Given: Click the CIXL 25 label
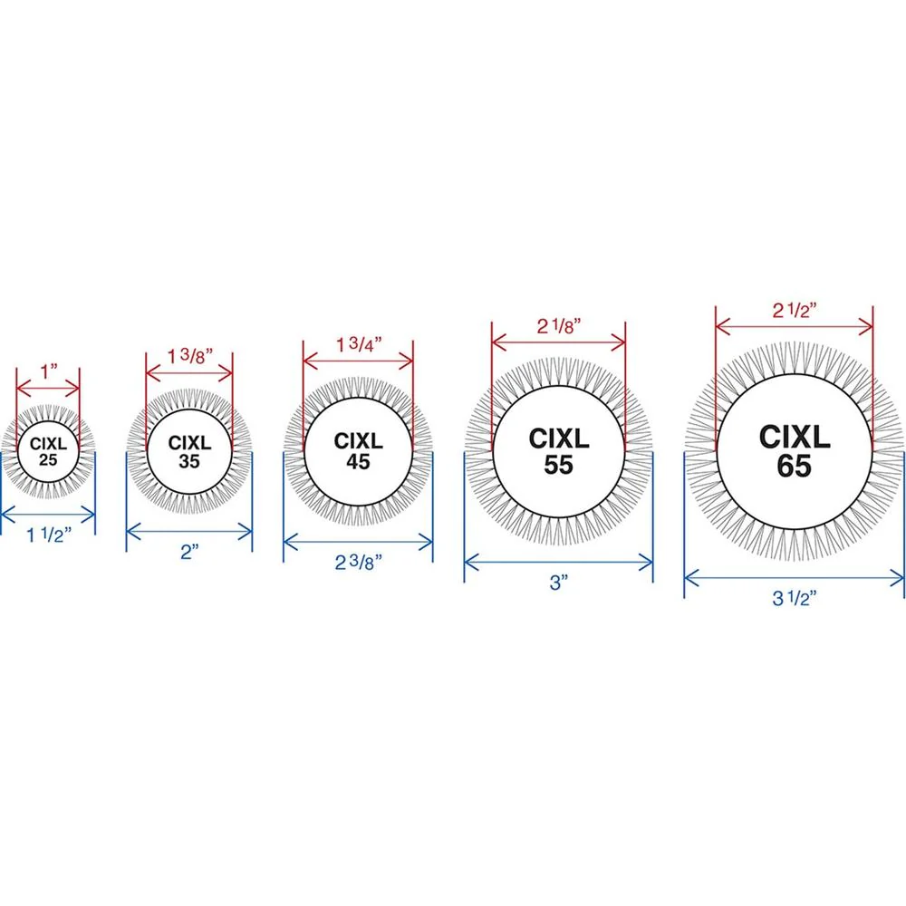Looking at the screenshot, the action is tap(49, 452).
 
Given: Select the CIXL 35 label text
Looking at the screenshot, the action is tap(189, 452).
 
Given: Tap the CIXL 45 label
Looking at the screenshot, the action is tap(358, 451).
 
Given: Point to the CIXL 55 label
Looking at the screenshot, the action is tap(559, 451).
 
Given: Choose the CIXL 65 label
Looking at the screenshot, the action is tap(795, 451).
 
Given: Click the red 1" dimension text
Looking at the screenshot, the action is tap(49, 371).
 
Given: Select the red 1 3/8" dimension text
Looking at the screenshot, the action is tap(190, 356).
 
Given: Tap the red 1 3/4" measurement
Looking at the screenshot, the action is tap(359, 345).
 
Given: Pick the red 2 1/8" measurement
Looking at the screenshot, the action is tap(558, 326).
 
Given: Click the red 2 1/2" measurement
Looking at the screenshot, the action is tap(795, 311).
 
